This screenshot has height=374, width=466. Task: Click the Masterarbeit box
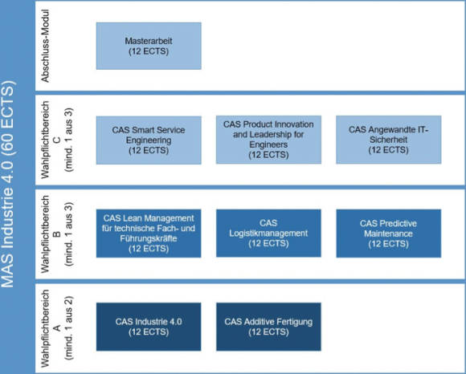pos(149,46)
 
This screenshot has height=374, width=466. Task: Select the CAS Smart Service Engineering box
pos(149,140)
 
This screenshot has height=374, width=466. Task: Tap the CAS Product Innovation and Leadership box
pos(268,140)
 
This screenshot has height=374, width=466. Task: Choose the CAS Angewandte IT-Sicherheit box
pos(388,140)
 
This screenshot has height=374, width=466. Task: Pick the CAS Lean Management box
pos(149,234)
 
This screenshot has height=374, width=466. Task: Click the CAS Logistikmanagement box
pos(268,233)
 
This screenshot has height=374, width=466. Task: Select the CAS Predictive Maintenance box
pos(389,234)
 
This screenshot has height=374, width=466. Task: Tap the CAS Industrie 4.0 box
pos(149,327)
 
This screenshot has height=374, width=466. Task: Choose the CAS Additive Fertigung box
pos(268,327)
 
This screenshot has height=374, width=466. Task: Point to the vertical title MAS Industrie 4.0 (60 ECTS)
pos(8,184)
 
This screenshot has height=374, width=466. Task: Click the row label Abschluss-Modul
pos(45,46)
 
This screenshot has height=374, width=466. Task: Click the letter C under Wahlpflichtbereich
pos(57,140)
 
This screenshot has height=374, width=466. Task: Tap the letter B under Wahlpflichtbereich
pos(57,234)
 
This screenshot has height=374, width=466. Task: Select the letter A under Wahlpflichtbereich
pos(57,328)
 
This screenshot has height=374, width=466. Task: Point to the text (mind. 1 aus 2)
pos(68,328)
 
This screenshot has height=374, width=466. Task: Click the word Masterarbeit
pos(149,41)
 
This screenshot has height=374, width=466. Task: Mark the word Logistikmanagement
pos(268,234)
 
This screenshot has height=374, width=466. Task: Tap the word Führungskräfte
pos(149,238)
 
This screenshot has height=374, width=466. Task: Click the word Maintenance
pos(388,234)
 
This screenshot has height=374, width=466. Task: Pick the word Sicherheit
pos(388,140)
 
